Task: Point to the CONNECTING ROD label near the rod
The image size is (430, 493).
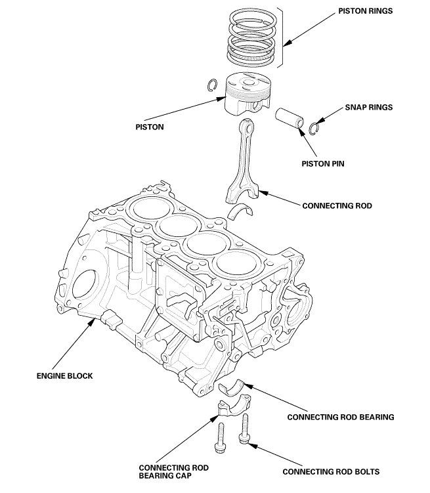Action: coord(337,205)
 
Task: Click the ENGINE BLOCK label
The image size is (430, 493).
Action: coord(64,376)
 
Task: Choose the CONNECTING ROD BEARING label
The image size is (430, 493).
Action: coord(341,416)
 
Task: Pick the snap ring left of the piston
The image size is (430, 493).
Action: coord(211,85)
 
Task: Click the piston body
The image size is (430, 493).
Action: coord(248,94)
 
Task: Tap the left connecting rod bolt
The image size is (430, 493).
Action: coord(221,439)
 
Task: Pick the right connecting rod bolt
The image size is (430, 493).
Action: coord(246,430)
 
